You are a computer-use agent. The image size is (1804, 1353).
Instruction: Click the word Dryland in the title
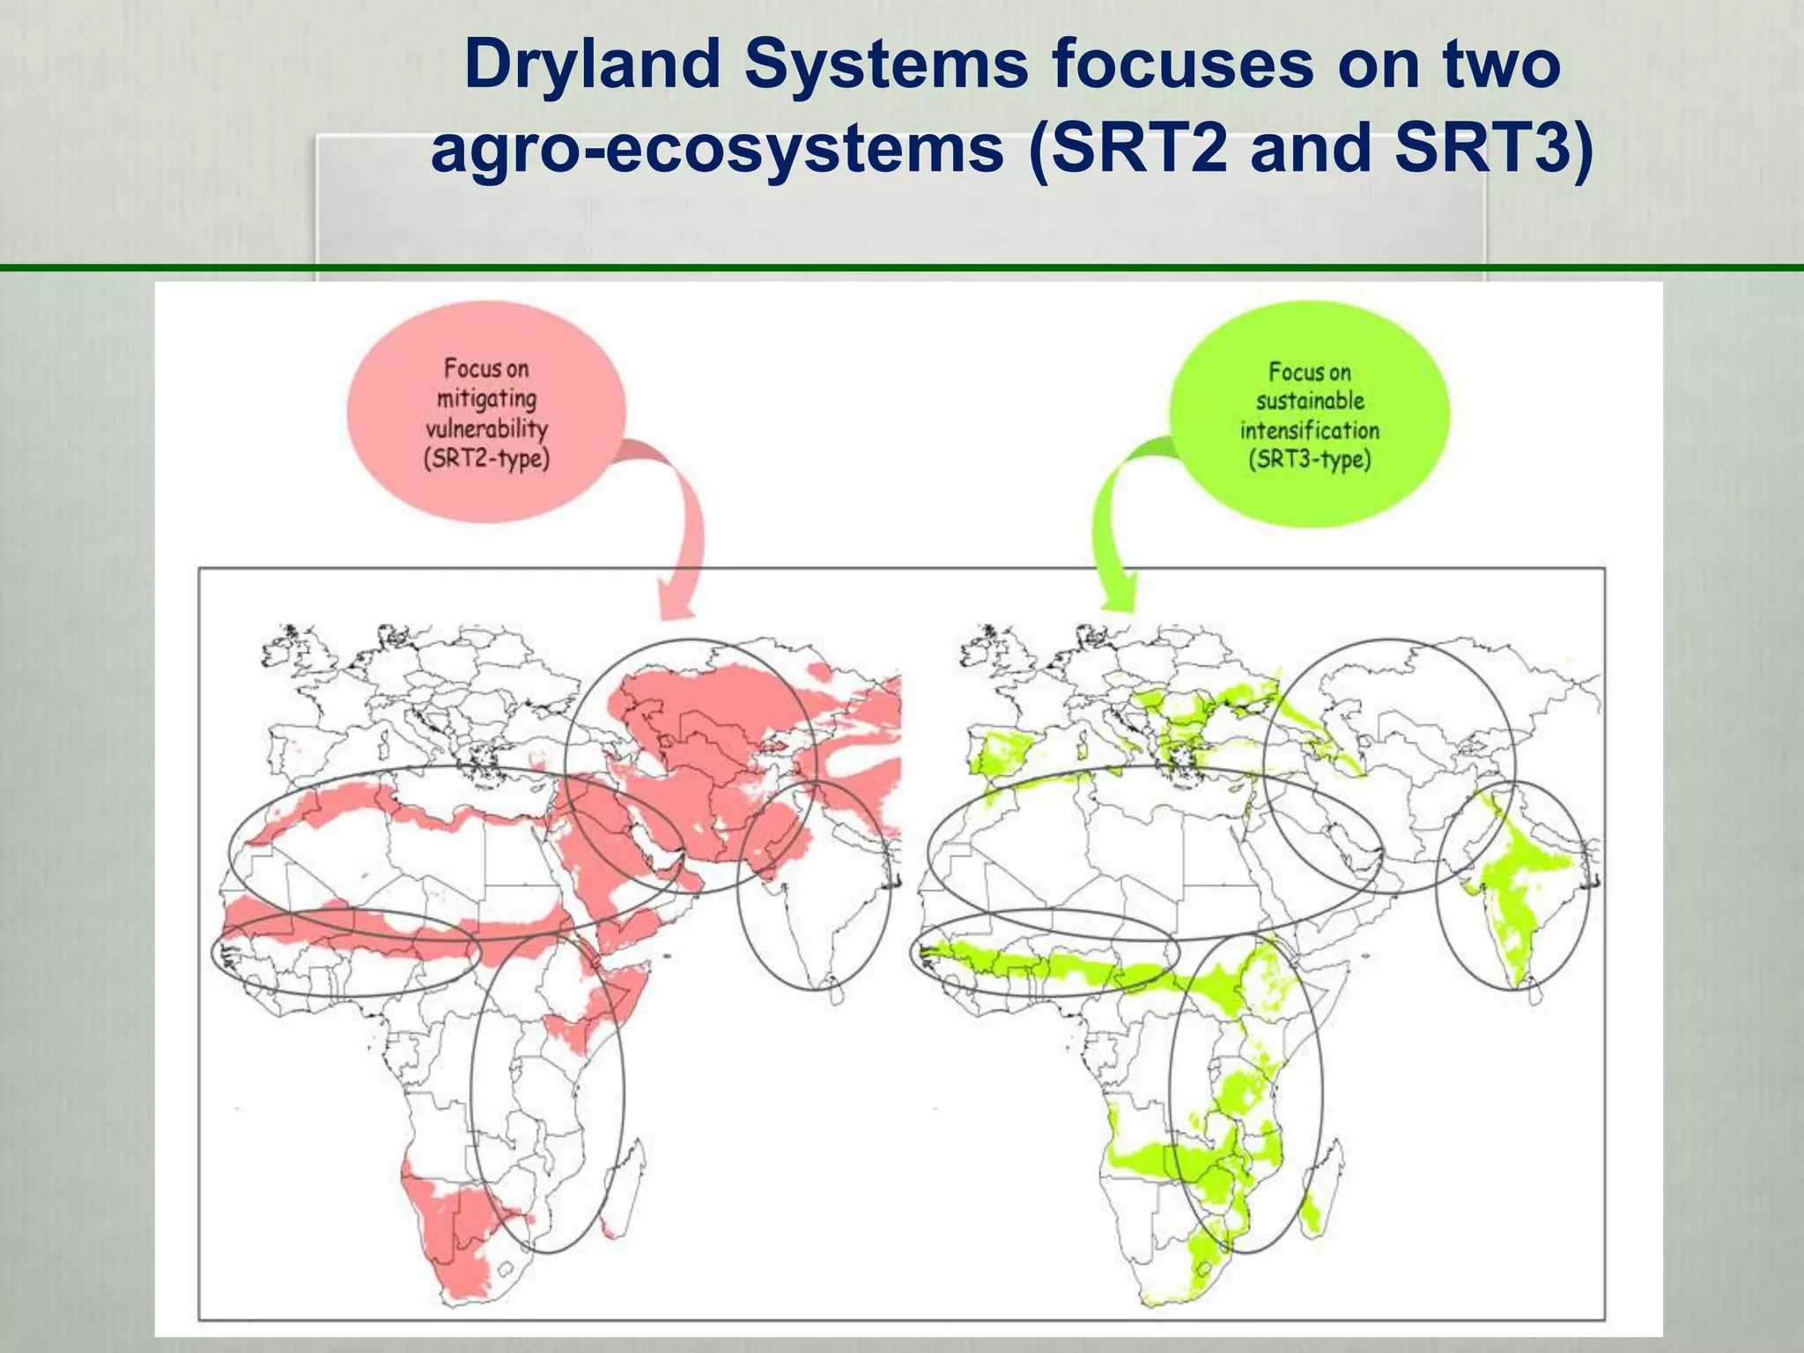(x=592, y=65)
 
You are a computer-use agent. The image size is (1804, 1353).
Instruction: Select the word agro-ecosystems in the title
(x=717, y=148)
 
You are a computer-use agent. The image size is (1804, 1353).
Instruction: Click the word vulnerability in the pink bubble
(x=486, y=429)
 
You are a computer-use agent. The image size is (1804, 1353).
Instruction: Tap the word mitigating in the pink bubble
(x=486, y=399)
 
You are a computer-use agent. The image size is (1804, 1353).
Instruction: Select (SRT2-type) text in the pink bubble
(x=486, y=459)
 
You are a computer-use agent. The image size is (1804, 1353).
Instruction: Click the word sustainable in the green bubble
(x=1310, y=401)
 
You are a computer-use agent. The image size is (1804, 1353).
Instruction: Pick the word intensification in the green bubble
(x=1310, y=431)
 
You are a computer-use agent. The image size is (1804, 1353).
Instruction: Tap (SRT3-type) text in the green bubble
(x=1310, y=460)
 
